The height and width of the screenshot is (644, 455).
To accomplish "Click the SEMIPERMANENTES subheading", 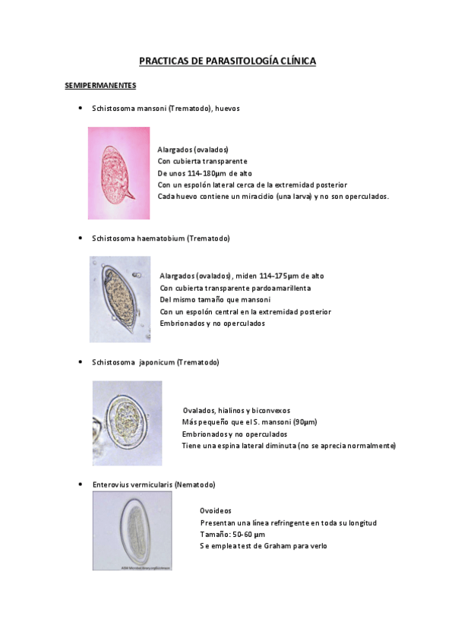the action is tap(100, 85).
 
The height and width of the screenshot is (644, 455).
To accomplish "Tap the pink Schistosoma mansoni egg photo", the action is tap(118, 173).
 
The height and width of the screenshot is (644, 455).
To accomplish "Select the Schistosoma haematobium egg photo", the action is tap(119, 299).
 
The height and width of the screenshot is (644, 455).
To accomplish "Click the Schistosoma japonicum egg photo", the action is tap(127, 422).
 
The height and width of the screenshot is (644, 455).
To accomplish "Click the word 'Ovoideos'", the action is tap(216, 511).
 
